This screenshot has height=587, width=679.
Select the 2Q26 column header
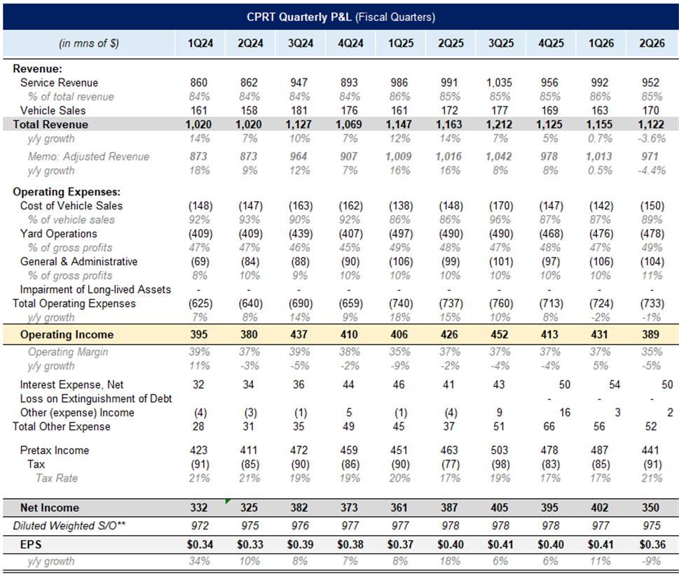coord(651,43)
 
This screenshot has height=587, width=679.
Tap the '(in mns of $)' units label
coord(89,43)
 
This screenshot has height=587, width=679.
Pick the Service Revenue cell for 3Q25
coord(499,83)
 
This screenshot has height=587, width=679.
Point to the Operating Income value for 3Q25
coord(500,335)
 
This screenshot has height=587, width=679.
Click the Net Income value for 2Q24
coord(249,508)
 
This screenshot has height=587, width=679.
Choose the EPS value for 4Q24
coord(349,544)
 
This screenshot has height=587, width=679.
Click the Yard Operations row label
coord(58,233)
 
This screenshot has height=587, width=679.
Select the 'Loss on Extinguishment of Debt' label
coord(90,399)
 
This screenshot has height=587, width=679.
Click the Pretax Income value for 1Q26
coord(601,450)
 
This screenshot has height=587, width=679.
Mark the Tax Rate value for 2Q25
coord(449,478)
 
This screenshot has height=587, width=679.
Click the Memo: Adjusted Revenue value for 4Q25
coord(550,157)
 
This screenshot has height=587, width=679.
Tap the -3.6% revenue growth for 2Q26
coord(650,138)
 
